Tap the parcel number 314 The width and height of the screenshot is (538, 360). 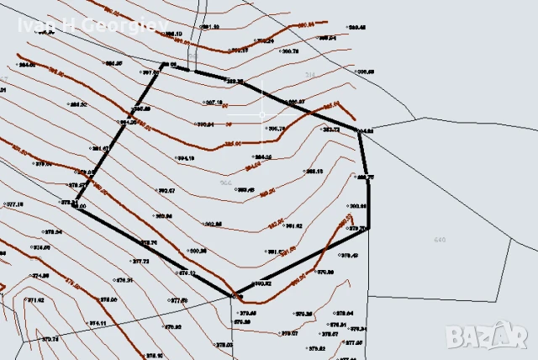[309, 75]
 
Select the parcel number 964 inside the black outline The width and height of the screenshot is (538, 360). [225, 183]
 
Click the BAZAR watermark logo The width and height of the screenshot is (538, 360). [489, 336]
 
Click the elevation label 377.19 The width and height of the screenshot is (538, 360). [14, 204]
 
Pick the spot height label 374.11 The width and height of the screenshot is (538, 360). [98, 323]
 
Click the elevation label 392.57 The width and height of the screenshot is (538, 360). [166, 191]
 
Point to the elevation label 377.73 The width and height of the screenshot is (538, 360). [140, 262]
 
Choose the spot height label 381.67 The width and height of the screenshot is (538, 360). [100, 148]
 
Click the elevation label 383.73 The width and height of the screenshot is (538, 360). [330, 130]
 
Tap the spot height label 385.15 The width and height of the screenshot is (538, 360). [314, 171]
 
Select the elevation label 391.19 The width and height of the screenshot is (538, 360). [211, 27]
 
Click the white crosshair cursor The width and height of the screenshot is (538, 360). [262, 114]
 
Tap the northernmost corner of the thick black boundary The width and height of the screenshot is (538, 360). [164, 63]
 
